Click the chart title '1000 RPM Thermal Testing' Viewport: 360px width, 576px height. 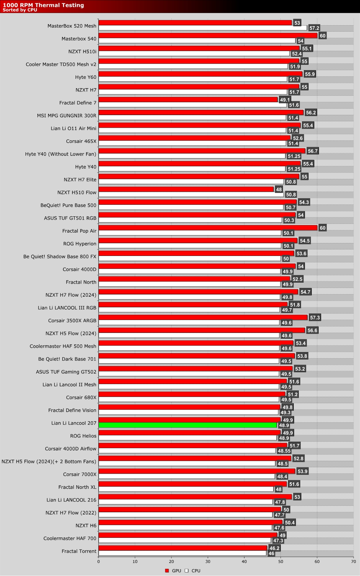(43, 5)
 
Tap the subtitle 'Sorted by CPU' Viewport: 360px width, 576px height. (20, 10)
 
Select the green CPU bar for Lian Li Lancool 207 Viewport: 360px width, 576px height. (188, 425)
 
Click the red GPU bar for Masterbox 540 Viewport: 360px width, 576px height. (208, 36)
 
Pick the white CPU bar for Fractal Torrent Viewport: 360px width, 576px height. (182, 553)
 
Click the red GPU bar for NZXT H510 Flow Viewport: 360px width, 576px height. (186, 189)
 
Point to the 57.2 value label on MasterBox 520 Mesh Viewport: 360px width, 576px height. (314, 28)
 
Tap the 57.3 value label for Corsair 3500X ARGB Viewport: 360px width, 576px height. (315, 318)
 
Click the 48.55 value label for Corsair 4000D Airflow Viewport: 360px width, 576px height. (284, 451)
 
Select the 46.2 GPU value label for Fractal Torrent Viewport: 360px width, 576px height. (274, 548)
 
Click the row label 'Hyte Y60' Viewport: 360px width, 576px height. (86, 77)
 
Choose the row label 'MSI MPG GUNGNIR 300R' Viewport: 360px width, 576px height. (67, 116)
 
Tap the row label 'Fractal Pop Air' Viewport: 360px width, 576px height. (79, 231)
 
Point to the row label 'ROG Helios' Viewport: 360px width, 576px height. (83, 436)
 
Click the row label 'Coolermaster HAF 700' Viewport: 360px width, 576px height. (70, 538)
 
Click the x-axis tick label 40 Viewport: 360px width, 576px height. (244, 561)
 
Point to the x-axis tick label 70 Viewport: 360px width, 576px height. (353, 561)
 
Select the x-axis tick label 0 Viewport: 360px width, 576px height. (99, 561)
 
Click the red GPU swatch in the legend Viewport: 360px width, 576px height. (167, 571)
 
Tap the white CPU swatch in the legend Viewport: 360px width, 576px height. (186, 571)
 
